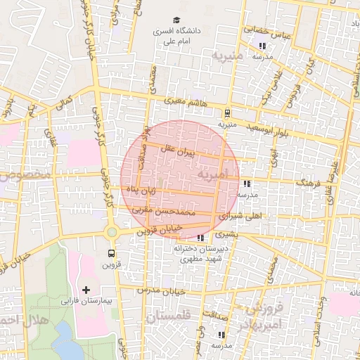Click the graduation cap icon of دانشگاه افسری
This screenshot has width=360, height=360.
tap(177, 20)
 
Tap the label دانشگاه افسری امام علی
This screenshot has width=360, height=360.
tap(178, 37)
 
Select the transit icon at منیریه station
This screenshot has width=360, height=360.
tap(227, 112)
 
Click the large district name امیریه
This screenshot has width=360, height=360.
tap(213, 173)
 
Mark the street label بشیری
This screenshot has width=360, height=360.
tap(227, 233)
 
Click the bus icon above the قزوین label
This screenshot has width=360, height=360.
tap(112, 253)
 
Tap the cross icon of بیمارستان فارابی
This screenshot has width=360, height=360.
tap(86, 290)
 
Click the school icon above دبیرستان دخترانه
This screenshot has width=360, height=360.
tap(201, 238)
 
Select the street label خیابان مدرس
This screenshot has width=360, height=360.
tap(161, 290)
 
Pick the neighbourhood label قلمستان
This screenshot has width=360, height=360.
tap(169, 318)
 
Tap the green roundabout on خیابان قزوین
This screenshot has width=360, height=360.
tap(111, 232)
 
